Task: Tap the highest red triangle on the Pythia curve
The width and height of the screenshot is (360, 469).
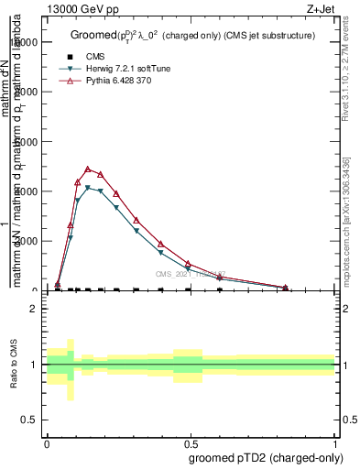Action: click(88, 169)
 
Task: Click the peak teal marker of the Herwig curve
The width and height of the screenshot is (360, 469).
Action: click(88, 188)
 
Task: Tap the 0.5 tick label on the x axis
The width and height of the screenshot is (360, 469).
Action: click(191, 443)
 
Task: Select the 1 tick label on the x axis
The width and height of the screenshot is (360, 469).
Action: click(335, 443)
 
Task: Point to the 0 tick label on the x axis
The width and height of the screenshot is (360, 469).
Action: click(47, 443)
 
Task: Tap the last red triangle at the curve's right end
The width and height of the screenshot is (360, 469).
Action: click(286, 288)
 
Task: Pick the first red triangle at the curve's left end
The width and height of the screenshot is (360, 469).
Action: click(58, 284)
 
